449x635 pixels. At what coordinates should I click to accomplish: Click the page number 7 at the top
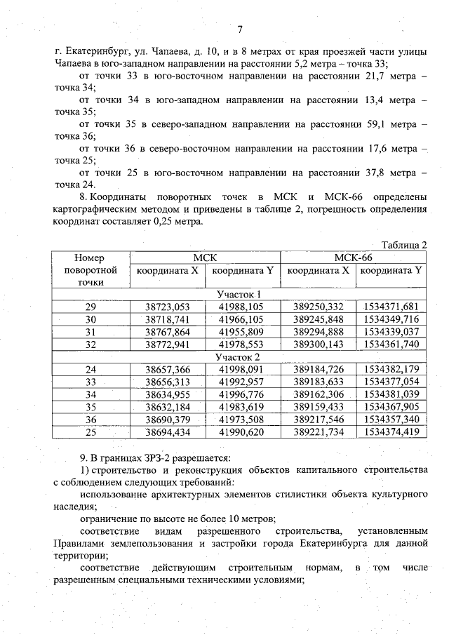pyautogui.click(x=240, y=29)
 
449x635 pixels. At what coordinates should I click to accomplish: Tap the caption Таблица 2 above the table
pyautogui.click(x=404, y=245)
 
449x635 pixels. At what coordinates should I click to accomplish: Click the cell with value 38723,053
pyautogui.click(x=168, y=307)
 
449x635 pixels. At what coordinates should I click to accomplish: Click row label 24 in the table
pyautogui.click(x=91, y=370)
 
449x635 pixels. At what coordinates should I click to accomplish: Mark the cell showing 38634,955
pyautogui.click(x=168, y=394)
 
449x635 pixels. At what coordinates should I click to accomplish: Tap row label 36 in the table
pyautogui.click(x=91, y=420)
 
